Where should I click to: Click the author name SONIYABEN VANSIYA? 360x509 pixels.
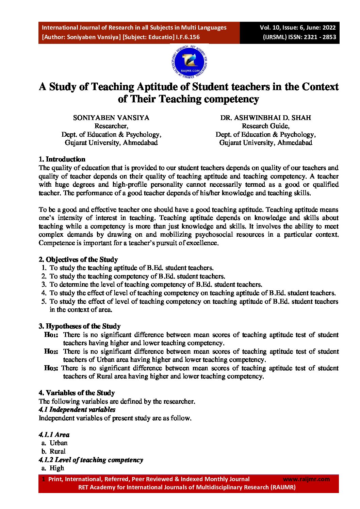111,118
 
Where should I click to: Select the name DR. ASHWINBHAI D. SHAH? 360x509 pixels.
265,118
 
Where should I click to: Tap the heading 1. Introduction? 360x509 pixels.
62,159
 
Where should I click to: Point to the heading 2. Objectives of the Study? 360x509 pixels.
78,259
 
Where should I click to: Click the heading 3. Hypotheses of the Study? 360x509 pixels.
80,326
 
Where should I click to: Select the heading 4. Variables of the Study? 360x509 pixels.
77,393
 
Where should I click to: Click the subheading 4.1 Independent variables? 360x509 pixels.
77,409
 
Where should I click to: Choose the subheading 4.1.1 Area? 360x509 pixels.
54,435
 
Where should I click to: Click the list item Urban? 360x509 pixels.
59,443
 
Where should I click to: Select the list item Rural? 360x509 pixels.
58,451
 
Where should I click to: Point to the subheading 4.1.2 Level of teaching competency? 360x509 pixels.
91,460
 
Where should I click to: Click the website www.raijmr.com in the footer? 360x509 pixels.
306,479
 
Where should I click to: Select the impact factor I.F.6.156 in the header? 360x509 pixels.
188,37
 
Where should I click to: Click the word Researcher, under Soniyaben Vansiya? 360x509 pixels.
111,126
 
